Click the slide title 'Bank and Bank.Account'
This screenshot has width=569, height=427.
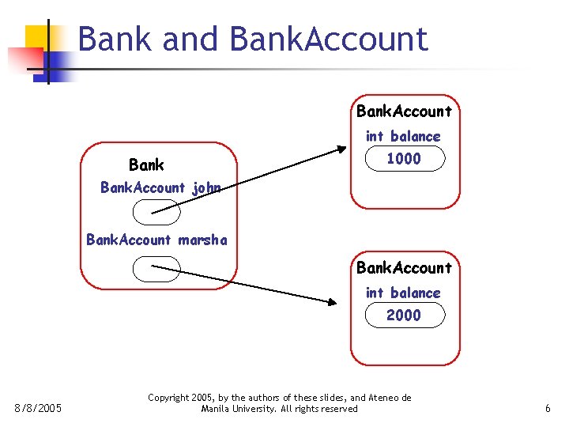tap(253, 39)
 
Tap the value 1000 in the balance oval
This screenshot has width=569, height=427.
tap(403, 159)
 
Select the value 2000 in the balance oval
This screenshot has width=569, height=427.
tap(403, 316)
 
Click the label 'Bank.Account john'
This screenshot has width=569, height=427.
tap(160, 188)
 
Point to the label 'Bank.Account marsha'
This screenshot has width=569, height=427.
tap(156, 240)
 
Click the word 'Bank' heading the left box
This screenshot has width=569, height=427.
tap(146, 165)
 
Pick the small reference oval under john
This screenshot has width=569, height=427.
tap(157, 211)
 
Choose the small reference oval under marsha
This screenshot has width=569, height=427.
tap(157, 270)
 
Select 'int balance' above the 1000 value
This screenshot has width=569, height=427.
tap(403, 137)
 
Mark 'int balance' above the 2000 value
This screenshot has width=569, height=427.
tap(403, 293)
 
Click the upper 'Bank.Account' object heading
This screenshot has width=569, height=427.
tap(404, 111)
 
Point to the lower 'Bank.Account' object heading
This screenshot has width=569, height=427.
tap(404, 268)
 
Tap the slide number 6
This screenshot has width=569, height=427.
tap(548, 409)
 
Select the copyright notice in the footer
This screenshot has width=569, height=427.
tap(280, 403)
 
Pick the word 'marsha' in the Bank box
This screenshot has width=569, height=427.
tap(203, 240)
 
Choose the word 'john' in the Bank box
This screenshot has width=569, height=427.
tap(206, 188)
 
